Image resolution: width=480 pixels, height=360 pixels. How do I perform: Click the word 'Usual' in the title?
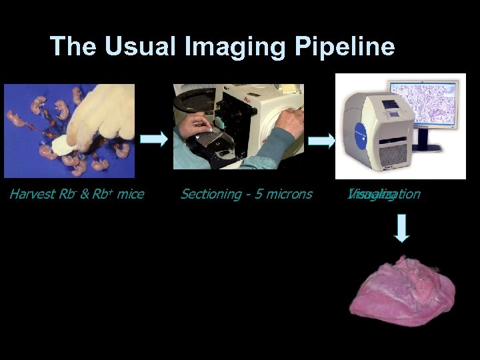[x=135, y=47]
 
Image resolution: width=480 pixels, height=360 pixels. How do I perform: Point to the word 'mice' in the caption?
[x=131, y=194]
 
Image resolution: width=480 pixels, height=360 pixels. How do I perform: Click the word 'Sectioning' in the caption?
[x=211, y=194]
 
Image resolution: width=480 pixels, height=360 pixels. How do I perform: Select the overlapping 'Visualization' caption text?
[x=383, y=194]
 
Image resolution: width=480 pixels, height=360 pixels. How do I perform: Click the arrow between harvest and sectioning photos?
[x=154, y=139]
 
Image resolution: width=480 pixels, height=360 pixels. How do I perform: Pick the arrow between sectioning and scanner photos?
[x=323, y=141]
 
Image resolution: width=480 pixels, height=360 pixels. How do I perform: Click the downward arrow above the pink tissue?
[x=402, y=228]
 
